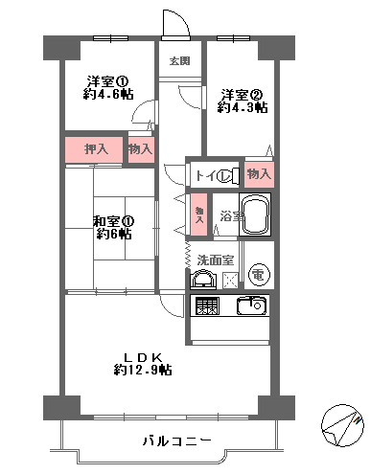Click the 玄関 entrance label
click(179, 60)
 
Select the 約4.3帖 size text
click(243, 108)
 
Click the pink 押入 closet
click(94, 149)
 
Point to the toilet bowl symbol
click(228, 175)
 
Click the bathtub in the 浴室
click(255, 214)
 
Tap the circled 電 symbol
click(259, 274)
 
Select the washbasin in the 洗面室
click(203, 280)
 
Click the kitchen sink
click(251, 305)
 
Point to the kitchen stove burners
click(207, 305)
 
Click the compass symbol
click(342, 425)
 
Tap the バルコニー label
click(176, 441)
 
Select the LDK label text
click(144, 357)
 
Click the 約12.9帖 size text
click(143, 370)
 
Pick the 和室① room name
click(113, 221)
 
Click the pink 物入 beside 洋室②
click(259, 174)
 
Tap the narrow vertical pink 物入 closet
click(199, 214)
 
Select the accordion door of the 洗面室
click(188, 255)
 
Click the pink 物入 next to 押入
click(141, 149)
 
